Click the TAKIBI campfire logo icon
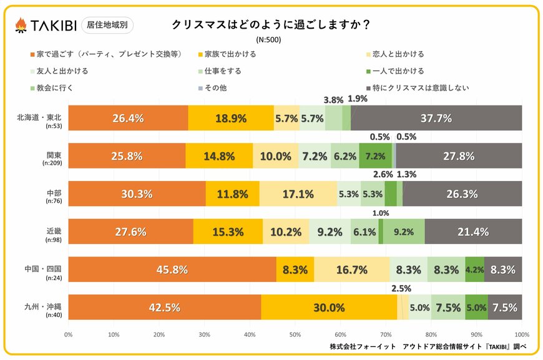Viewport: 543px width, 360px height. [x=21, y=25]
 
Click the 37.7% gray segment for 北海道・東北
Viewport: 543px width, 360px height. [x=436, y=118]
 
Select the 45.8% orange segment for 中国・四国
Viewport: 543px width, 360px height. [x=172, y=270]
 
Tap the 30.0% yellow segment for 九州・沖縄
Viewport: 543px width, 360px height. [x=329, y=308]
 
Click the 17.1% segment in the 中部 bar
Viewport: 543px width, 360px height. [x=298, y=194]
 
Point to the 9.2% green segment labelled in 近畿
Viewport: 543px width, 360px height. [x=404, y=232]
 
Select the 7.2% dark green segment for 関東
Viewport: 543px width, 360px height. [x=375, y=156]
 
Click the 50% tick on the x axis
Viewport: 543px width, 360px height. [x=295, y=334]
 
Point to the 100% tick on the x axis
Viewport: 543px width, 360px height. [x=521, y=334]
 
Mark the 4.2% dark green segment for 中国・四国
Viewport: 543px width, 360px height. [x=474, y=270]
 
